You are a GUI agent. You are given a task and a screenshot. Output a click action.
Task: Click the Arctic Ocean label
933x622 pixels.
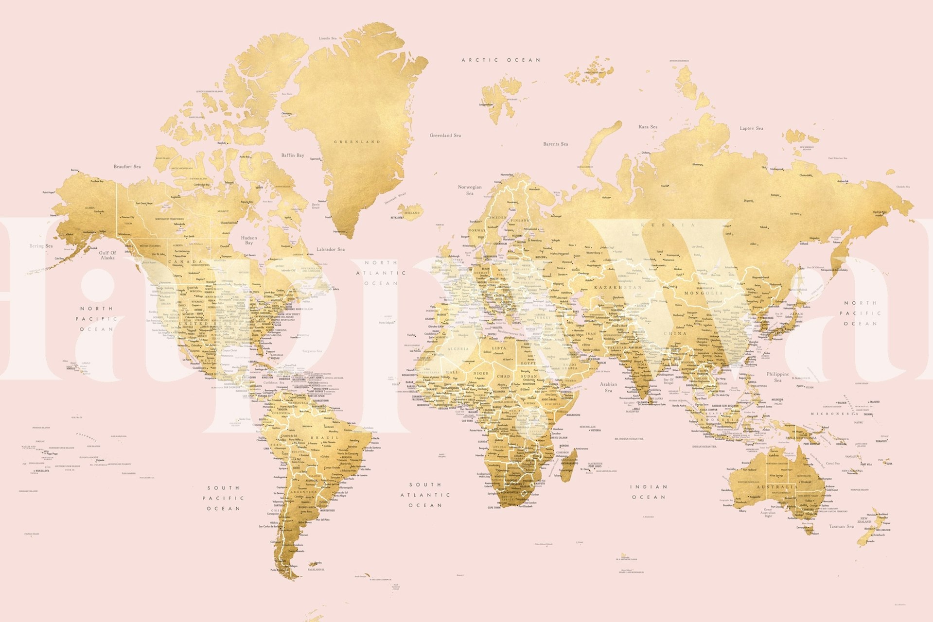tap(501, 60)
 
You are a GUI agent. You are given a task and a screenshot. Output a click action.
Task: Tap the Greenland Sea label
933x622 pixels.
tap(445, 136)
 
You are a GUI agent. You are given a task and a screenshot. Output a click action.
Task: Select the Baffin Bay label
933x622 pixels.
tap(293, 155)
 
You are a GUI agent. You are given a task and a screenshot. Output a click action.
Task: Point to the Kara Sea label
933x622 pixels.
tap(648, 127)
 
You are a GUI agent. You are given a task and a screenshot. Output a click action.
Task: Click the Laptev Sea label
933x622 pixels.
tap(751, 128)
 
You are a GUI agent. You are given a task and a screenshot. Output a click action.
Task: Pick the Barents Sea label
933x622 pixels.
tap(555, 144)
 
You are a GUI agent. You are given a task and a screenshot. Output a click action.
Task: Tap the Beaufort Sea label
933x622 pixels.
tap(127, 167)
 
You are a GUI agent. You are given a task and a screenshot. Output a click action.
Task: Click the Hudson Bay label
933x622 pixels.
tap(249, 240)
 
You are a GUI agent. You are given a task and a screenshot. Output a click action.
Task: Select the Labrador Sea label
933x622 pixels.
tap(330, 249)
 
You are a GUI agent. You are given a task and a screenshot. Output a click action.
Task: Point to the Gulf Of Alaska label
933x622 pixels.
tap(107, 255)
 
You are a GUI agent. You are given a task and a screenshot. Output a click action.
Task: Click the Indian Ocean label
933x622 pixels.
tap(649, 492)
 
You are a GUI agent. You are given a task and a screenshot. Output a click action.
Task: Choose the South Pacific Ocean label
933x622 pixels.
tap(224, 498)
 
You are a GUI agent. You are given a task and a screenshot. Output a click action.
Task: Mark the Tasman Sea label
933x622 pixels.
tap(841, 526)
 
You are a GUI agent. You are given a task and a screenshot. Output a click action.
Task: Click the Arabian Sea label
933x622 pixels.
tap(608, 387)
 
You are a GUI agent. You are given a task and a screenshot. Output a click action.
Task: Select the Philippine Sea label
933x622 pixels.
tap(778, 377)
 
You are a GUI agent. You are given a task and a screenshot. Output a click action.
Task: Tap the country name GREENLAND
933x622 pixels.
tap(357, 142)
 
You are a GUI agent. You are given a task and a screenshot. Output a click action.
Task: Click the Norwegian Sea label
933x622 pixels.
tap(470, 190)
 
